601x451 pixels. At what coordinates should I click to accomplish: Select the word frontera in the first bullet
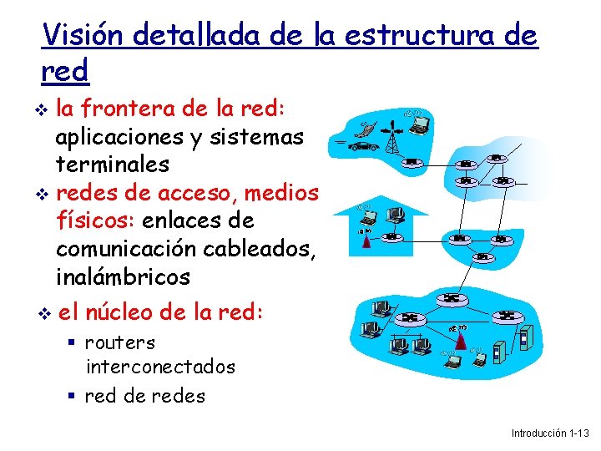pyautogui.click(x=136, y=109)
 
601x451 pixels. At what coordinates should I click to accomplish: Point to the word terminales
pyautogui.click(x=112, y=165)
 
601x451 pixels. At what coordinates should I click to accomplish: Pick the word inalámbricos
pyautogui.click(x=123, y=276)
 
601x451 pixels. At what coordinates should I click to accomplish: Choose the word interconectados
pyautogui.click(x=160, y=367)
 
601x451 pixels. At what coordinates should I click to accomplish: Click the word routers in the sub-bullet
pyautogui.click(x=120, y=342)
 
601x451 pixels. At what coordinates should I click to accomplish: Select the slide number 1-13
pyautogui.click(x=578, y=433)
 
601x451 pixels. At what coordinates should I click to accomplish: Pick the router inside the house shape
pyautogui.click(x=391, y=237)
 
